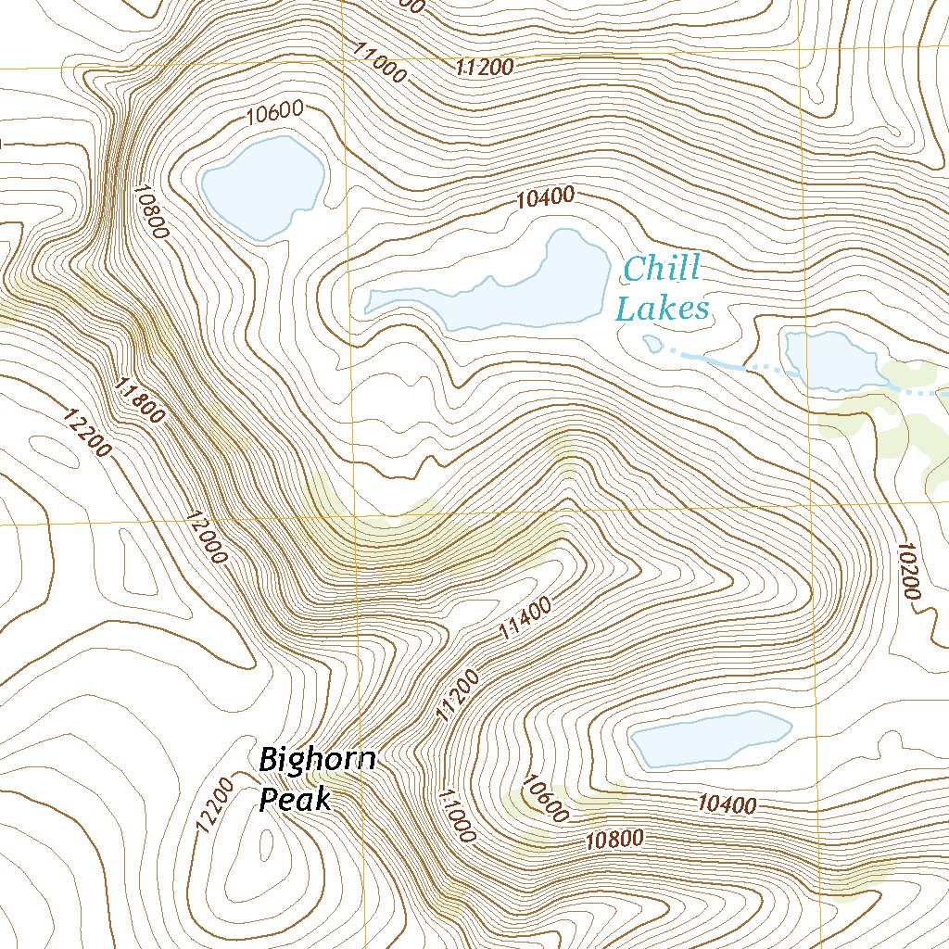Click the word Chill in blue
click(662, 271)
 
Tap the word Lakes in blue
click(663, 309)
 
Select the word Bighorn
click(317, 760)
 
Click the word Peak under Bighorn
click(295, 799)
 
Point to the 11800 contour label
click(141, 399)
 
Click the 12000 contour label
click(206, 538)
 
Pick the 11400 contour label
click(525, 619)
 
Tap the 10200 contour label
click(908, 574)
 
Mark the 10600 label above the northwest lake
click(275, 114)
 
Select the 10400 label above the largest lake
click(546, 196)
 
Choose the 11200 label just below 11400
click(458, 696)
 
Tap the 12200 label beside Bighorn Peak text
click(212, 804)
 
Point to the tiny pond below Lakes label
click(652, 344)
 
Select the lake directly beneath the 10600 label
click(263, 185)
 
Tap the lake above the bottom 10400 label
click(710, 738)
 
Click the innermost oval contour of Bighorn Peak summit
click(266, 844)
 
